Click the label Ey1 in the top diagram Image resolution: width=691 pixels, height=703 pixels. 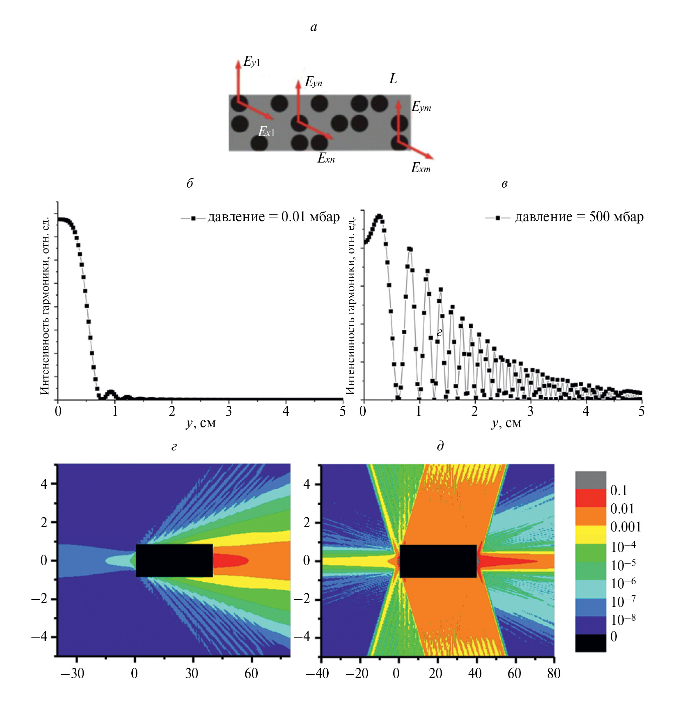coord(251,62)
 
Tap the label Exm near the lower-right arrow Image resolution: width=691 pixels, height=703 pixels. coord(421,168)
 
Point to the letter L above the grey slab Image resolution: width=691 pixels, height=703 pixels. coord(393,79)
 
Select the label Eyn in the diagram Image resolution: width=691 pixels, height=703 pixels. coord(313,82)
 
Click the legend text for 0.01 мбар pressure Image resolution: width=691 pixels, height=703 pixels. coord(273,217)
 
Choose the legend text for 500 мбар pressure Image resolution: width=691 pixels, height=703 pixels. coord(579,217)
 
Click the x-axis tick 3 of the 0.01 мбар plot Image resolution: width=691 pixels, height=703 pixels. coord(229,411)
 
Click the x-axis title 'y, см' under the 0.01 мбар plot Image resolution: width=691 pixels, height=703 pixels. coord(201,423)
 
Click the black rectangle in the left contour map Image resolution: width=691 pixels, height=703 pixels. coord(174,560)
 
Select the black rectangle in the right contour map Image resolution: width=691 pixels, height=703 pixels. coord(438,561)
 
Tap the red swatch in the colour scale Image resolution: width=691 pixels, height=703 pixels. coord(590,498)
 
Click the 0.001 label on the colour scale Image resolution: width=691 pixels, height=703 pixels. coord(625,527)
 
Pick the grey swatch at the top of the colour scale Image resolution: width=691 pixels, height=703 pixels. coord(590,480)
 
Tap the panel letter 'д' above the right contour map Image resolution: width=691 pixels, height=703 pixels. coord(440,446)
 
